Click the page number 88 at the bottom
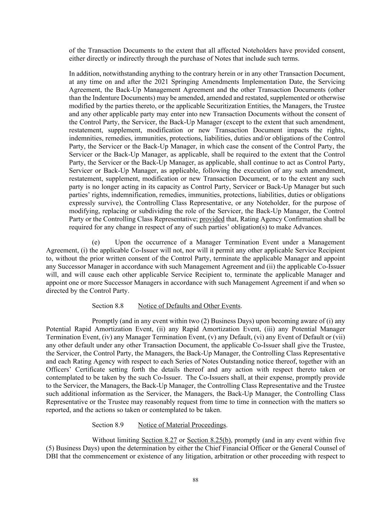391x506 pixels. (195, 480)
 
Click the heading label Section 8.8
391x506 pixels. (107, 306)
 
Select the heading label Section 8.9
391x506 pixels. (107, 425)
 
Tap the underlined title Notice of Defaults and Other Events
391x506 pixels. (189, 306)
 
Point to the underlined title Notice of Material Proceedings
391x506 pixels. (182, 425)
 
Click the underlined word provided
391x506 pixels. (212, 219)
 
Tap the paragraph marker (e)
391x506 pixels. (96, 242)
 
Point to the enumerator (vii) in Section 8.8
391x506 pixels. (339, 337)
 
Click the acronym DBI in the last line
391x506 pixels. (52, 456)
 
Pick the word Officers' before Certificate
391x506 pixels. (59, 370)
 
